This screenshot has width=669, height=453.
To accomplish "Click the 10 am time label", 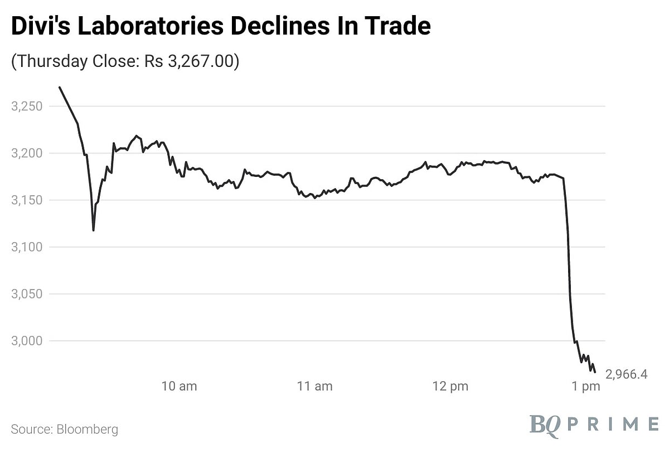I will [179, 386].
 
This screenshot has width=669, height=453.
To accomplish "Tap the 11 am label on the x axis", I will [314, 386].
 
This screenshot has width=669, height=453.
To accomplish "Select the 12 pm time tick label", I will [450, 386].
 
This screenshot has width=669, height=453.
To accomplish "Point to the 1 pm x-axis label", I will [586, 386].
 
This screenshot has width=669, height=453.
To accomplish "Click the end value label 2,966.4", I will [626, 374].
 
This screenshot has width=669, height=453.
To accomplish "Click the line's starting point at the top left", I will [59, 87].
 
